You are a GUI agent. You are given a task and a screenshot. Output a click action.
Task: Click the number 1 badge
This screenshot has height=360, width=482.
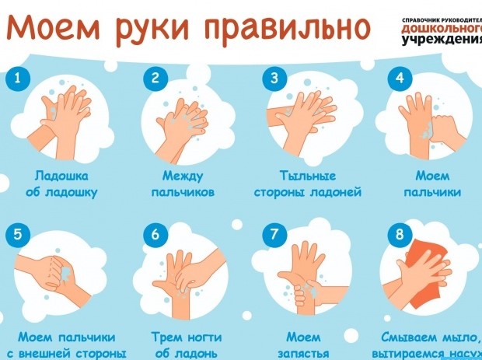[18, 78]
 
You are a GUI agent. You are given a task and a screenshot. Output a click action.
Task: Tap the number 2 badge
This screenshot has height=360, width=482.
[155, 78]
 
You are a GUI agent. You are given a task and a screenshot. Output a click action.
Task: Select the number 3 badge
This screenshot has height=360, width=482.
[274, 78]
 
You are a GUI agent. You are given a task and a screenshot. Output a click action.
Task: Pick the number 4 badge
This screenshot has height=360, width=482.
[399, 78]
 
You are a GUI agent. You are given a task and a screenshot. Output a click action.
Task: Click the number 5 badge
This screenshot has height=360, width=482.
[18, 233]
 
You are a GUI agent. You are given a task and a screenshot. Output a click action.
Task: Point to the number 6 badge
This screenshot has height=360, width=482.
[155, 233]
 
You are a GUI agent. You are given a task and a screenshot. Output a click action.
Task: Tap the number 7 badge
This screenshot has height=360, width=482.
[274, 233]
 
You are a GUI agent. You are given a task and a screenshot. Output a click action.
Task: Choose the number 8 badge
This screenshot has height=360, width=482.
[399, 233]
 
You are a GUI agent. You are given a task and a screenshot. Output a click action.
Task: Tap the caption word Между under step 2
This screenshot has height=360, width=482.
[183, 176]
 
